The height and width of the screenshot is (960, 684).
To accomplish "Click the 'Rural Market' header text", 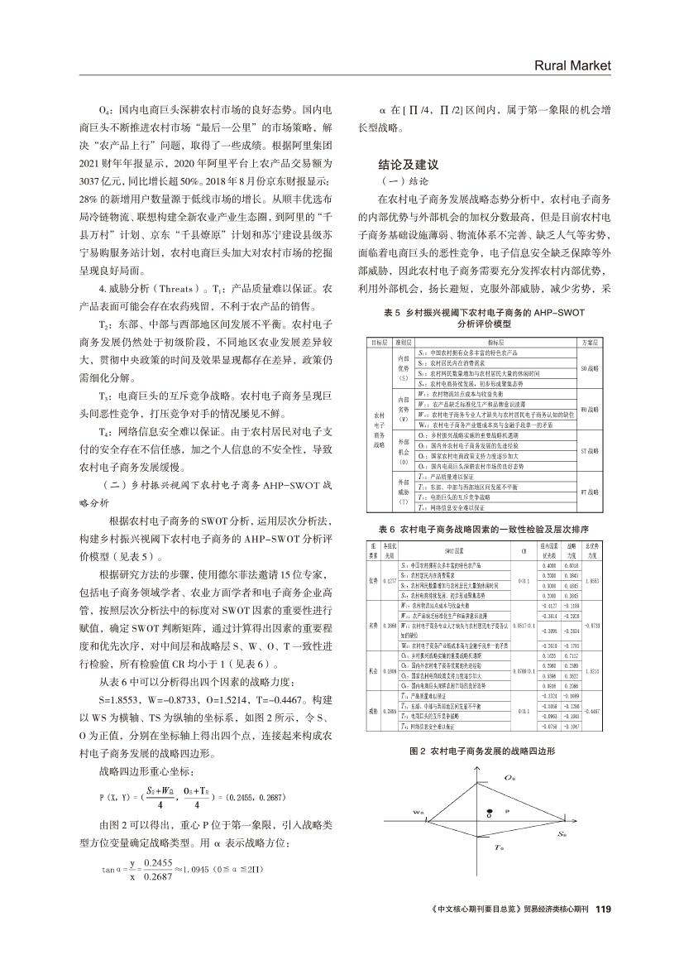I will (572, 65).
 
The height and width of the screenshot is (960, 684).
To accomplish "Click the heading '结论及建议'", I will (407, 165).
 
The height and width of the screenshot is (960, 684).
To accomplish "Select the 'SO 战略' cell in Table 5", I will (590, 366).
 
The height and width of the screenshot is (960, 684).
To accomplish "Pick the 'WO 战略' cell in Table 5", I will (590, 408).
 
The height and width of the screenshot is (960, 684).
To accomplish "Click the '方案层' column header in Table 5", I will (590, 340).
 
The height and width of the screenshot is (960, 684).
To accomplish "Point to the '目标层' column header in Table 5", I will (380, 340).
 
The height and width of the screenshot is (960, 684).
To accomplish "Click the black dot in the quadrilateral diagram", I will (491, 787).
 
